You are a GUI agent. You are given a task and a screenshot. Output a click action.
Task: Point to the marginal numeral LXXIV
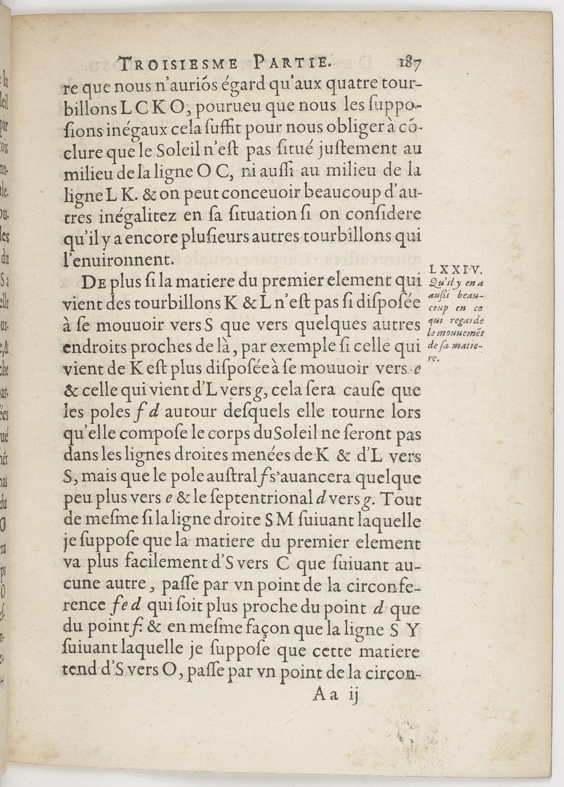[455, 270]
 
